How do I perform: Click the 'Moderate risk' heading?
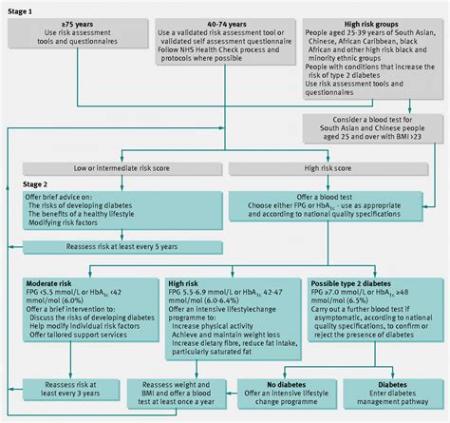coord(60,283)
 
